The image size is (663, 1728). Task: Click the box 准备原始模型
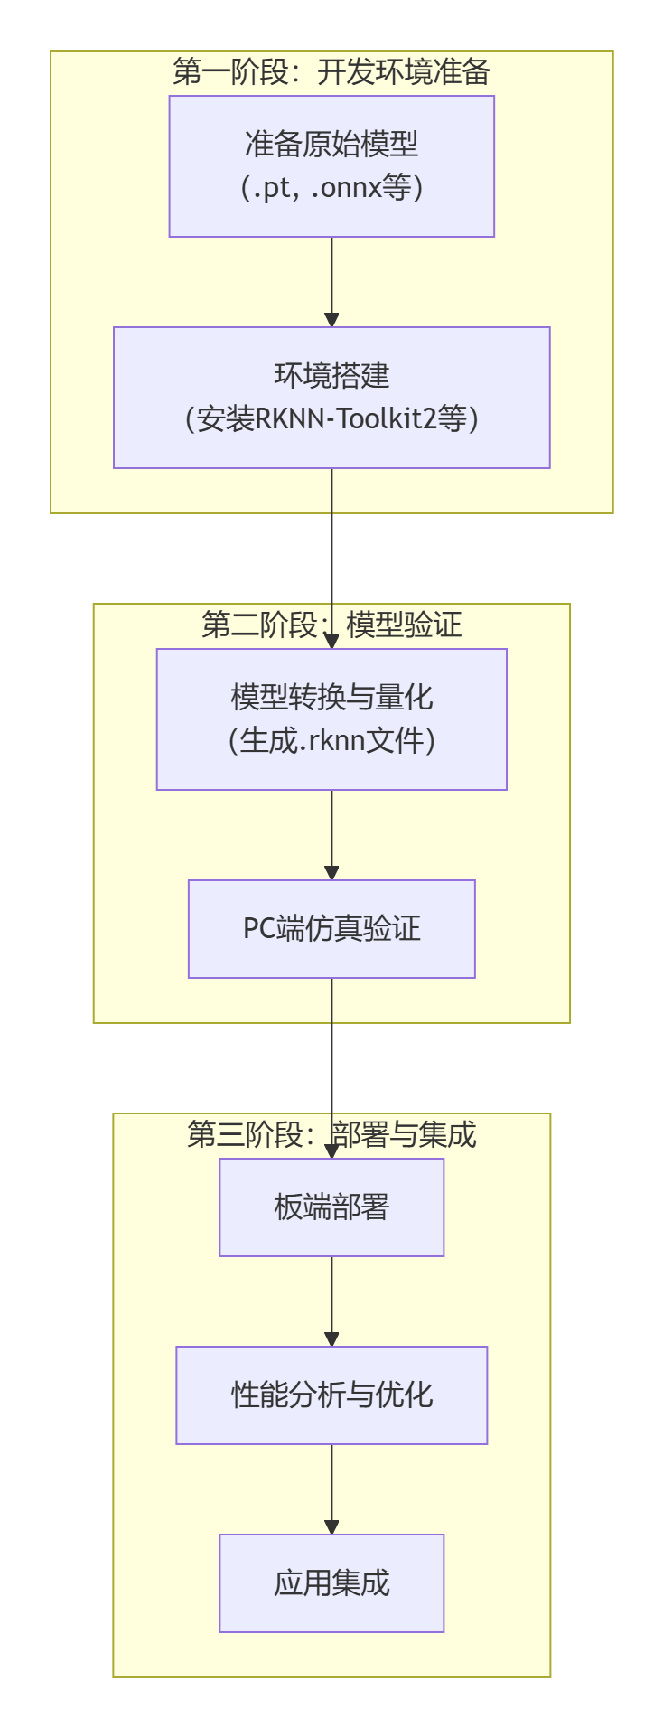[x=331, y=166]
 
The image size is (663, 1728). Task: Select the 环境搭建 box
[x=331, y=398]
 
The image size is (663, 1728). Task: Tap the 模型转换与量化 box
[x=331, y=719]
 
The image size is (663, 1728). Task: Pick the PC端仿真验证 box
[x=331, y=929]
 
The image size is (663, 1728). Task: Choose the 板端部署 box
[x=331, y=1207]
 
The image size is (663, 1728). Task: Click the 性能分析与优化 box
[x=331, y=1395]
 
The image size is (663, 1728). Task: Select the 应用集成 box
[x=331, y=1583]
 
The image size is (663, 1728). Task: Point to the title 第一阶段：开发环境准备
[x=331, y=72]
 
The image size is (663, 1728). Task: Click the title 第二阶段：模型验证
[x=331, y=625]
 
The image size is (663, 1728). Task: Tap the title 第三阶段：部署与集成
[x=331, y=1134]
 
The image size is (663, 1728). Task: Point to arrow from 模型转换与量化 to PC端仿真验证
[x=331, y=835]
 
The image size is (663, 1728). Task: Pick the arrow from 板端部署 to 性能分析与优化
[x=331, y=1301]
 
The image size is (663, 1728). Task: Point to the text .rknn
[x=336, y=741]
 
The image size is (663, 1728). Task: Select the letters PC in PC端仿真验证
[x=259, y=929]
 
